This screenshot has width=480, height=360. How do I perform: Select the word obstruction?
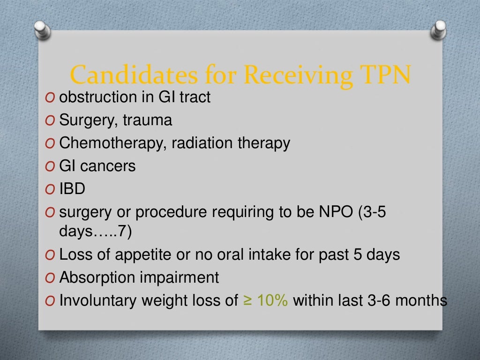point(96,97)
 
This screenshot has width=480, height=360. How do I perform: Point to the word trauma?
point(147,120)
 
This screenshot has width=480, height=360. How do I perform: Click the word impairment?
point(180,277)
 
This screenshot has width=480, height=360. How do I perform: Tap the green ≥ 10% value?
point(266,300)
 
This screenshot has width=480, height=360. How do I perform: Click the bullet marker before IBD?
point(50,189)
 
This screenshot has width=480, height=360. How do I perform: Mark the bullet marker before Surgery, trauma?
point(50,121)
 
